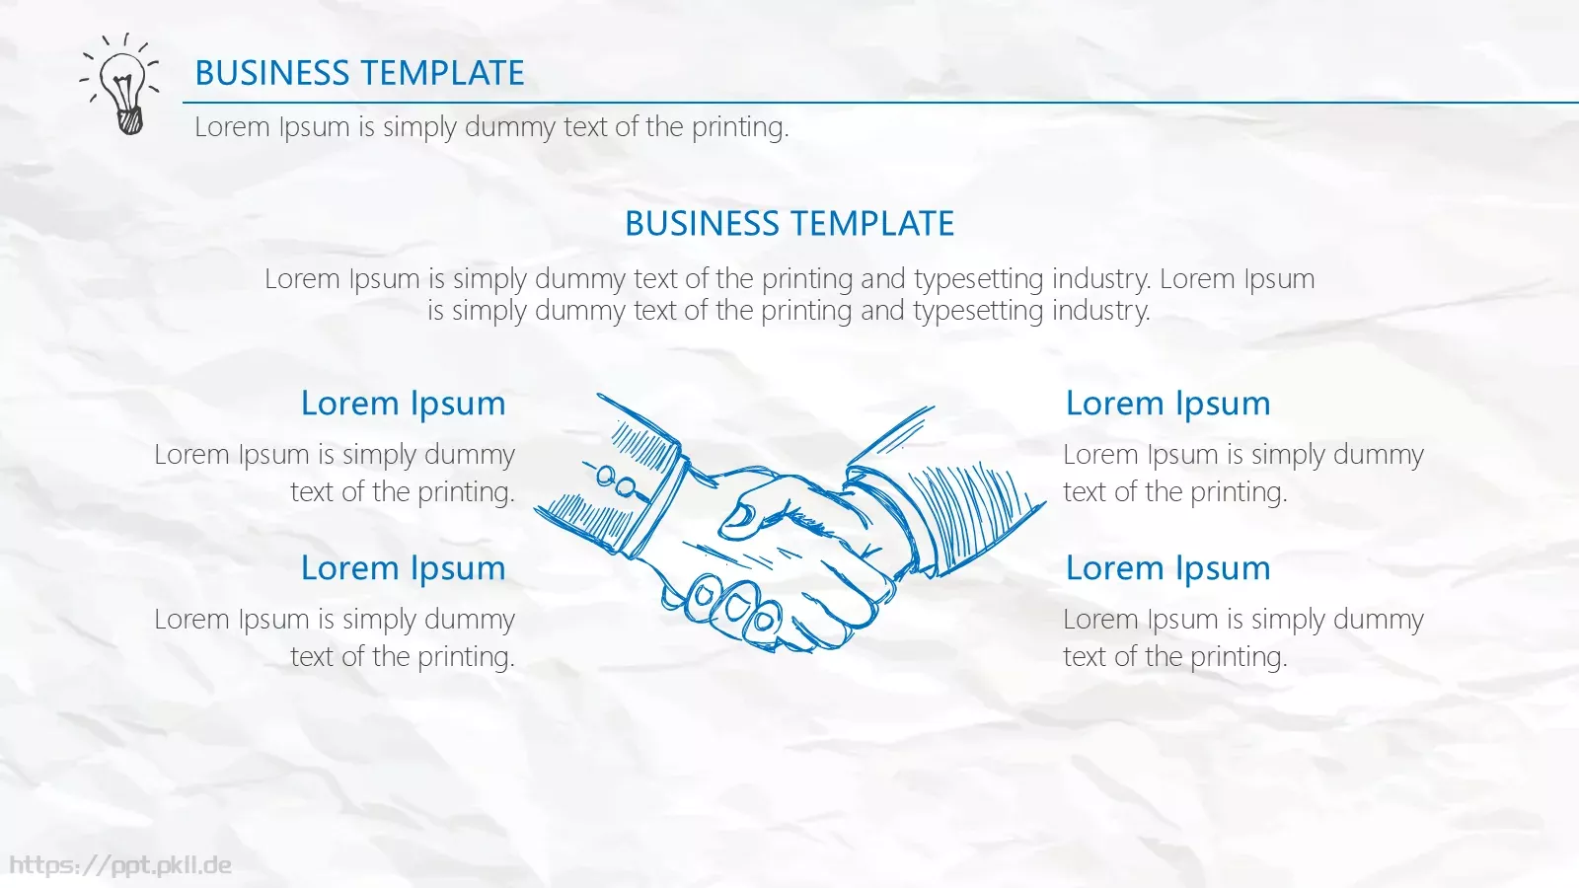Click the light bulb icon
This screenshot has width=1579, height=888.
click(x=119, y=83)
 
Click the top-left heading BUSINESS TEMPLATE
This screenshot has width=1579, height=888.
click(x=359, y=73)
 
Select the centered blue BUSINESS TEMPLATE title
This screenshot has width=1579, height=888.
click(x=789, y=223)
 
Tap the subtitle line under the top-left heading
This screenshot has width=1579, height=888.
click(x=491, y=127)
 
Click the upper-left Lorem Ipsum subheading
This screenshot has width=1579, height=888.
click(x=404, y=404)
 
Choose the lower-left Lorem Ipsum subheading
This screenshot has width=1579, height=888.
click(x=404, y=568)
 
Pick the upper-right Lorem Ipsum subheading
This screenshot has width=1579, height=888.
click(x=1168, y=404)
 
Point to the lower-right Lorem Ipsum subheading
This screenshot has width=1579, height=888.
click(x=1168, y=568)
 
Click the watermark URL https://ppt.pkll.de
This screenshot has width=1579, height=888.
click(x=119, y=865)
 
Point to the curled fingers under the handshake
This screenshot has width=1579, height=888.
click(x=733, y=606)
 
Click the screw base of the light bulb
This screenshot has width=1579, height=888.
click(x=130, y=121)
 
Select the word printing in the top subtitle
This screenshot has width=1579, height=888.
click(x=740, y=128)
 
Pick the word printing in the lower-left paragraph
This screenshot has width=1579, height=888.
click(x=466, y=657)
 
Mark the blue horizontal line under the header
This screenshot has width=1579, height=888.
click(x=880, y=103)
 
